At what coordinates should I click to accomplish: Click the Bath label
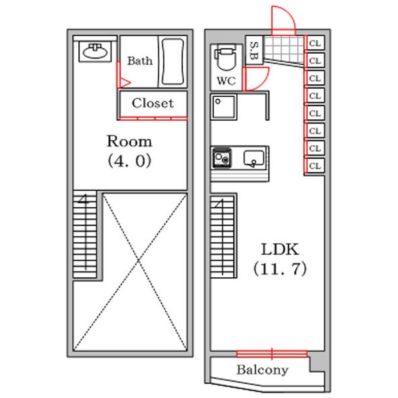pyautogui.click(x=140, y=60)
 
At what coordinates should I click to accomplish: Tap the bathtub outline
pyautogui.click(x=172, y=62)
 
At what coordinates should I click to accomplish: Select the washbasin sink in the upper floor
pyautogui.click(x=95, y=52)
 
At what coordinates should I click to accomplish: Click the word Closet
pyautogui.click(x=153, y=103)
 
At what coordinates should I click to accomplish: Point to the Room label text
pyautogui.click(x=129, y=141)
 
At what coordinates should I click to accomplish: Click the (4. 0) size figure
pyautogui.click(x=129, y=161)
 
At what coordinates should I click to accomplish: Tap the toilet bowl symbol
pyautogui.click(x=226, y=58)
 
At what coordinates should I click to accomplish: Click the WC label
pyautogui.click(x=226, y=81)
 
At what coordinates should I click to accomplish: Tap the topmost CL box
pyautogui.click(x=315, y=43)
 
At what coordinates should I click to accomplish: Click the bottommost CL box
pyautogui.click(x=315, y=166)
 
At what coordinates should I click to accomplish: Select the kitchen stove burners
pyautogui.click(x=222, y=158)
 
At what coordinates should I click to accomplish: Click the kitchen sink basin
pyautogui.click(x=254, y=159)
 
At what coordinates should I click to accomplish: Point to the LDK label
pyautogui.click(x=280, y=249)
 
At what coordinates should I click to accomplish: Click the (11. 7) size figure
pyautogui.click(x=280, y=269)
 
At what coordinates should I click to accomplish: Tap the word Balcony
pyautogui.click(x=263, y=370)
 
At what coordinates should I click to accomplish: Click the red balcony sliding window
pyautogui.click(x=272, y=354)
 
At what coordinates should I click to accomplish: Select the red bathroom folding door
pyautogui.click(x=122, y=75)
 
